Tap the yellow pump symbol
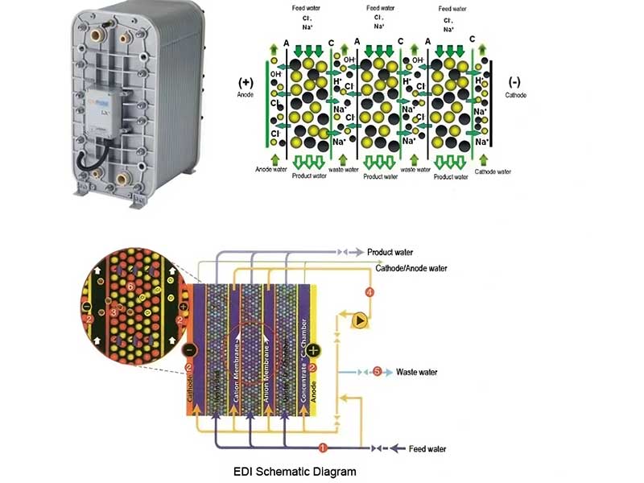(360, 320)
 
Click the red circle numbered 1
(322, 448)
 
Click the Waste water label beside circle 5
(416, 372)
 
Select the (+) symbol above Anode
(246, 81)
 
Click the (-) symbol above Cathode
(516, 81)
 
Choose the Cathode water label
(493, 171)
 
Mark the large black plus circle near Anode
(315, 351)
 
